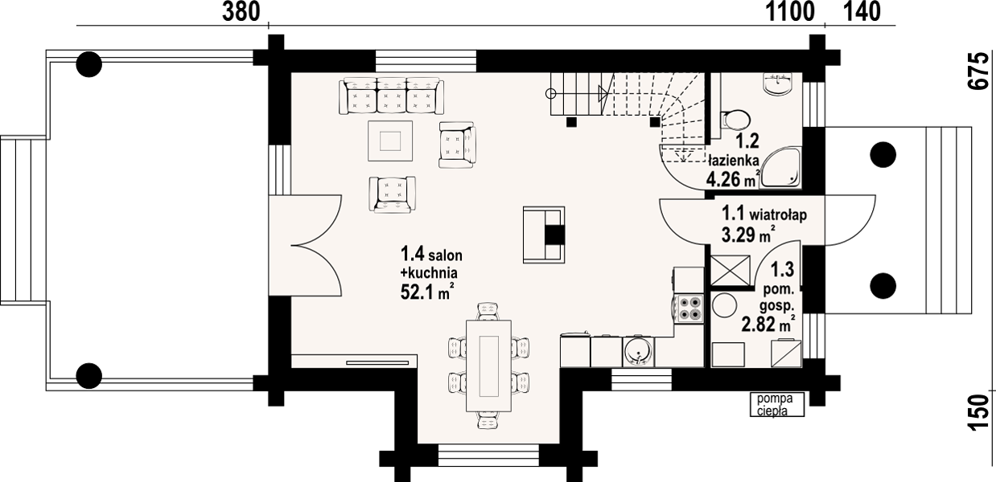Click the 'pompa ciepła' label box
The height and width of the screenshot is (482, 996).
pyautogui.click(x=777, y=404)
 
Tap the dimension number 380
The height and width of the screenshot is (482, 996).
pyautogui.click(x=241, y=12)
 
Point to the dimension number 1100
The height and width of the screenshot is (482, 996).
pyautogui.click(x=790, y=12)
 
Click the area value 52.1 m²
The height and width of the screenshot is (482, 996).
pyautogui.click(x=427, y=292)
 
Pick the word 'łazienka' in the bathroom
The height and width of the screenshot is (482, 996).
pyautogui.click(x=734, y=160)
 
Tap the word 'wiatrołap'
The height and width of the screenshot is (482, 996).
pyautogui.click(x=778, y=215)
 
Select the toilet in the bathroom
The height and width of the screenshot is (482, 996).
pyautogui.click(x=735, y=120)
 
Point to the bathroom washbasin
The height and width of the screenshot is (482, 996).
pyautogui.click(x=777, y=83)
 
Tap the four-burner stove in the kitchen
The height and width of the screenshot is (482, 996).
pyautogui.click(x=689, y=308)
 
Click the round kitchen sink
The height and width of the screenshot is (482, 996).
pyautogui.click(x=639, y=351)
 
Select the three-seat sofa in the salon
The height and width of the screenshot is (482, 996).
pyautogui.click(x=391, y=96)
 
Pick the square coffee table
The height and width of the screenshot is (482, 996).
pyautogui.click(x=390, y=141)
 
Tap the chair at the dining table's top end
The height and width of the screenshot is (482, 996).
pyautogui.click(x=488, y=311)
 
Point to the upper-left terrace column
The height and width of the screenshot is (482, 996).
pyautogui.click(x=89, y=64)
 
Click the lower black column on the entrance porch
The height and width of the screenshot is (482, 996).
pyautogui.click(x=883, y=285)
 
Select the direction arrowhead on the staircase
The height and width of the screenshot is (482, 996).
pyautogui.click(x=603, y=93)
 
